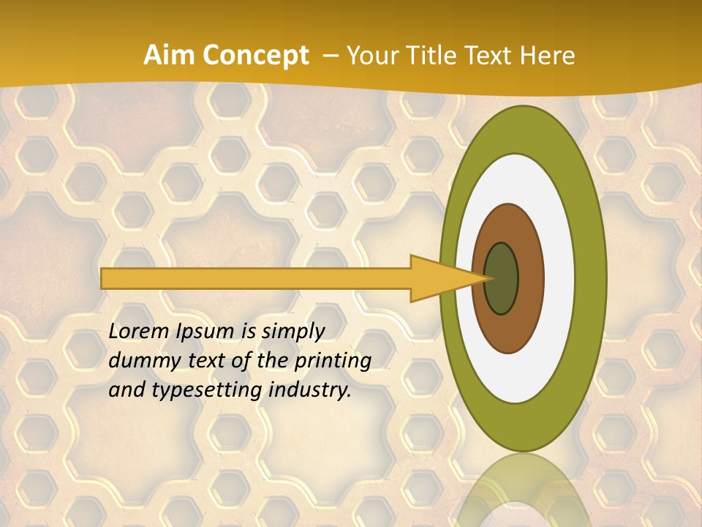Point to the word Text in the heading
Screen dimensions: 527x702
coord(497,56)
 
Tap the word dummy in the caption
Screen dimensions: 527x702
coord(139,361)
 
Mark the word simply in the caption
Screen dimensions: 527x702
coord(292,332)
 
